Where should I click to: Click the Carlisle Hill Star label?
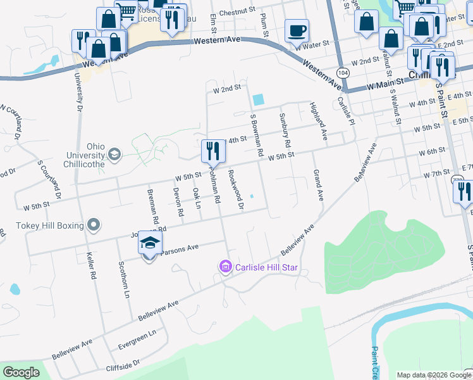[x=267, y=267]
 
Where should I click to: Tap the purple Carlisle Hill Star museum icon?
[x=225, y=268]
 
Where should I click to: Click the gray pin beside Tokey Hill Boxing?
[x=94, y=225]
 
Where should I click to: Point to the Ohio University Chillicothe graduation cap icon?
[x=114, y=154]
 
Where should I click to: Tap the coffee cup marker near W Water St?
[x=297, y=30]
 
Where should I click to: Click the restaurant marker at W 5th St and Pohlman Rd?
[x=211, y=151]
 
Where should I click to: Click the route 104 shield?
[x=343, y=73]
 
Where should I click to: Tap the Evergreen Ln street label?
[x=138, y=340]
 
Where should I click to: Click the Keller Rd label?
[x=92, y=267]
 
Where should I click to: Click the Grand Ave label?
[x=318, y=186]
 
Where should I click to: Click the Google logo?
[x=21, y=372]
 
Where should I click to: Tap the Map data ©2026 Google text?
[x=434, y=375]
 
